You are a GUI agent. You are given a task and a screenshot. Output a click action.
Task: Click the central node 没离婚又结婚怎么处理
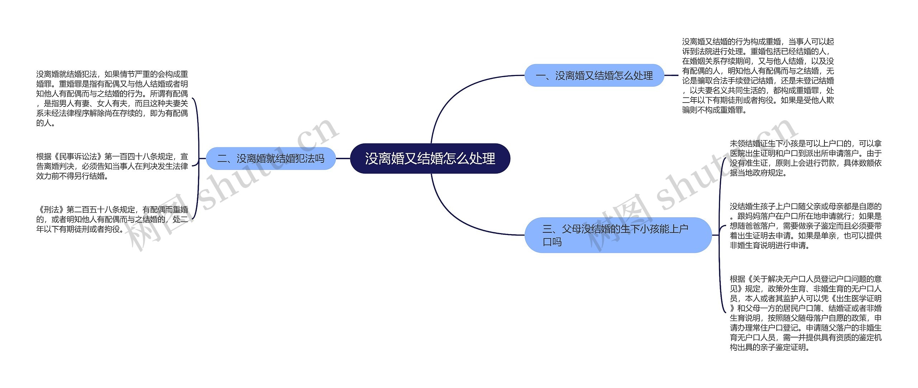[x=430, y=158]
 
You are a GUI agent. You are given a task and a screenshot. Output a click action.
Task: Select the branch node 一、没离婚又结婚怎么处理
[x=594, y=75]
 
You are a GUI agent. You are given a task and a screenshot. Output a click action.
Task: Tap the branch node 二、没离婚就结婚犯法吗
[x=271, y=158]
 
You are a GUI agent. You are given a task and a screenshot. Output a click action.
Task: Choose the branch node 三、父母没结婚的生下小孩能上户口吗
[x=617, y=235]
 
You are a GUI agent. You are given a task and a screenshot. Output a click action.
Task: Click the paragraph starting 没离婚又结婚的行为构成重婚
[x=758, y=76]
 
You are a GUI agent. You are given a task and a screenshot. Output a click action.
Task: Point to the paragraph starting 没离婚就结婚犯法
[x=112, y=98]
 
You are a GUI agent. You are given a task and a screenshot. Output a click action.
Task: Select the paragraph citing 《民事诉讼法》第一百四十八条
[x=112, y=166]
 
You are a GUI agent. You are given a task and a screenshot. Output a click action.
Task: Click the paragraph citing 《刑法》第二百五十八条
[x=112, y=219]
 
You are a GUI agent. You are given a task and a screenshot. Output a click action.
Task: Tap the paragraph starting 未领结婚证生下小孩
[x=805, y=158]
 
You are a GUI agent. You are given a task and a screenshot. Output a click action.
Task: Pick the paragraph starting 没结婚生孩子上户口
[x=805, y=226]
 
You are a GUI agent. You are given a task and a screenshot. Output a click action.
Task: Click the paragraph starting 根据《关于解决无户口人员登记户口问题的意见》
[x=805, y=313]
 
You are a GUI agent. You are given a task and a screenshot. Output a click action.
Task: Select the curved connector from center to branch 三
[x=452, y=215]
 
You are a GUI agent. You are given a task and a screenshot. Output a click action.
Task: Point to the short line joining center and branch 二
[x=343, y=158]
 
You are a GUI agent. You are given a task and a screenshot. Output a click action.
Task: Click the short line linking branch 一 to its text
[x=671, y=75]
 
